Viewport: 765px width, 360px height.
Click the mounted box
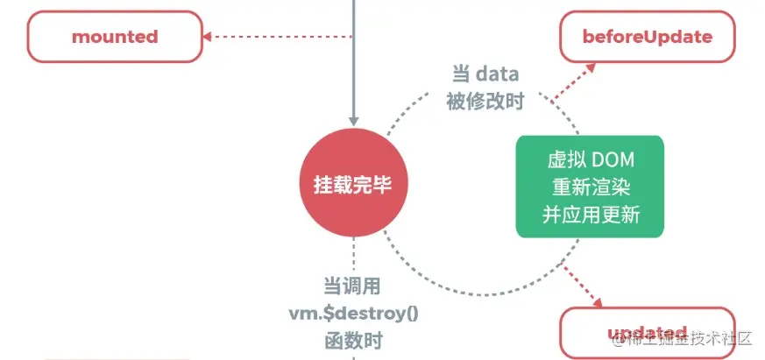click(x=115, y=37)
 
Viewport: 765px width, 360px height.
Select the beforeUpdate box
click(x=647, y=37)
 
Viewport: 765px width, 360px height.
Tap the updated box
click(x=647, y=333)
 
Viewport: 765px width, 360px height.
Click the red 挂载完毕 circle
click(x=352, y=185)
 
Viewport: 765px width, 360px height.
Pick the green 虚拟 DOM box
click(x=589, y=186)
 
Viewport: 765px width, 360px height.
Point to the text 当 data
click(x=485, y=74)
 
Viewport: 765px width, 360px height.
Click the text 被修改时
click(x=485, y=102)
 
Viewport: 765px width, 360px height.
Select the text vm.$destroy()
click(x=353, y=314)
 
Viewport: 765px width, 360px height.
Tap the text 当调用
click(x=352, y=286)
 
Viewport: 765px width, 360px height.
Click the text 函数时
click(x=352, y=340)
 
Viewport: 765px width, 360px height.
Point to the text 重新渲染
click(x=589, y=186)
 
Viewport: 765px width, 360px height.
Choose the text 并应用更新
click(x=589, y=213)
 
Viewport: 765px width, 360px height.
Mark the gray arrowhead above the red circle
click(x=353, y=119)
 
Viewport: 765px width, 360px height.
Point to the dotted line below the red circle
click(x=353, y=254)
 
